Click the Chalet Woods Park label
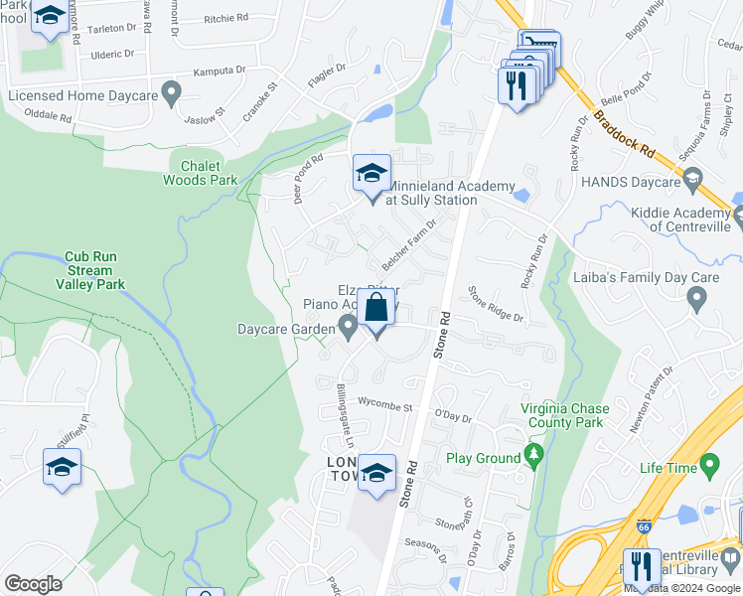tap(202, 173)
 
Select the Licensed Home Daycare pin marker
tap(171, 95)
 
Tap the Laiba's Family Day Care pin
tap(696, 296)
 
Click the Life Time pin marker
tap(709, 464)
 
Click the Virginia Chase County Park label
tap(563, 415)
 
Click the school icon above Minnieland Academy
tap(372, 175)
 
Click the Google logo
tap(33, 584)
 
